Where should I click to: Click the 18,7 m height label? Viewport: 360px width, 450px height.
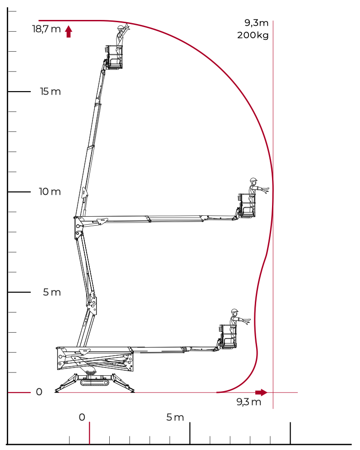[x=47, y=29]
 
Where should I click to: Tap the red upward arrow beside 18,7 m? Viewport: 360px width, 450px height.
[x=68, y=31]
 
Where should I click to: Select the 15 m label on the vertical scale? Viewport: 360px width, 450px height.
[x=50, y=92]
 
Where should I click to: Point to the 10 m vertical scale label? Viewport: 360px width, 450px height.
[x=50, y=191]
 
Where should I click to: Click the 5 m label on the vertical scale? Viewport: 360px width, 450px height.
[x=52, y=292]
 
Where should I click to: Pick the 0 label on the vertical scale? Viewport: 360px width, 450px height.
[x=39, y=392]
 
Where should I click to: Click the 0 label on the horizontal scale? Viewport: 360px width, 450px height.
[x=82, y=417]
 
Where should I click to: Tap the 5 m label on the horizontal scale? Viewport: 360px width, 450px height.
[x=175, y=417]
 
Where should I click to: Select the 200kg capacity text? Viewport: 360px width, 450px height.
[x=253, y=35]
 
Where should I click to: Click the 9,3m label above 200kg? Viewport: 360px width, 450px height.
[x=256, y=23]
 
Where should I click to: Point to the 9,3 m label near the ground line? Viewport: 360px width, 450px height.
[x=249, y=402]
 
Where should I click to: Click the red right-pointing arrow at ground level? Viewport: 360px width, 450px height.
[x=261, y=392]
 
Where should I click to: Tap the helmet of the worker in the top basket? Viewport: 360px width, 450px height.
[x=120, y=27]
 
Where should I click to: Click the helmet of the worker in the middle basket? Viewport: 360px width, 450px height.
[x=253, y=179]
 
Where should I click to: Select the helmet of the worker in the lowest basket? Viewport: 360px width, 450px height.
[x=234, y=311]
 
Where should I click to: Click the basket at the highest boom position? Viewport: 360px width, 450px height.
[x=114, y=57]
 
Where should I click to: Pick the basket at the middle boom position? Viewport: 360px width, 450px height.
[x=247, y=205]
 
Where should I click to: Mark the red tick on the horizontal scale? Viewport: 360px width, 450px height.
[x=90, y=433]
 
